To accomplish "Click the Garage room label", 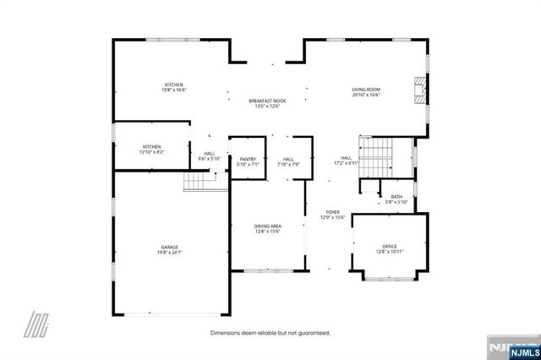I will coord(169,246).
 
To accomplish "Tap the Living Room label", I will coord(366,89).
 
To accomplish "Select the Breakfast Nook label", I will coord(267,101).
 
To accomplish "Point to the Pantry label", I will coord(248,159).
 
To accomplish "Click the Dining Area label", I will coord(267,226).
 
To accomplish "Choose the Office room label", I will coord(390,246).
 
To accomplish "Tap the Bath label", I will coord(396,197).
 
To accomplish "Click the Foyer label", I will coord(333,212).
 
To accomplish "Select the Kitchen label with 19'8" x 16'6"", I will coord(174,85).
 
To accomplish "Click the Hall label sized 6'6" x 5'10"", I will coord(209,153).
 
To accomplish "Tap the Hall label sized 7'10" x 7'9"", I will coord(288,159).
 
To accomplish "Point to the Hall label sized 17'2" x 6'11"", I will coord(346,157).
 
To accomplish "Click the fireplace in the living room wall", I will coord(418,90).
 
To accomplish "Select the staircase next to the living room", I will coord(377,157).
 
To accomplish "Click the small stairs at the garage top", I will coord(197,181).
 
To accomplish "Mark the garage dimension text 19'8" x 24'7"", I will coord(169,252).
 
